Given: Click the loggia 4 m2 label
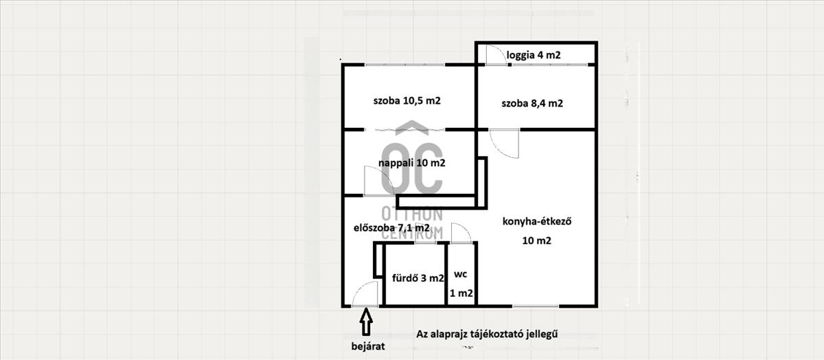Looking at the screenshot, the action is point(534,55).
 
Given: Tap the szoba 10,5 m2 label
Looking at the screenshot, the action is point(407,100).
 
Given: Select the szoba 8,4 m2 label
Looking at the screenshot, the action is point(532,104).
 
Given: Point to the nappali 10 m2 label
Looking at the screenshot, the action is point(412,163).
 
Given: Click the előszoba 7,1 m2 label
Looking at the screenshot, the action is point(391,228).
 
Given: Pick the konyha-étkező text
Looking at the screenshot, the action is point(537,222).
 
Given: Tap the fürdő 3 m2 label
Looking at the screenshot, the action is point(418,278).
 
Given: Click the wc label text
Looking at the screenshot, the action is point(461,274).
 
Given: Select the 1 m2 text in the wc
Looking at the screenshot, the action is point(461,293).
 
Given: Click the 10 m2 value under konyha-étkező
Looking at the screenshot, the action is point(537,240).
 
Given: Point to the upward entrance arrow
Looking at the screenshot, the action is point(366,322).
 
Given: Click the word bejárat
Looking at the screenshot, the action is point(368,346).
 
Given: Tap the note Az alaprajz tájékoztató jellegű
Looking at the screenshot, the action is point(487,334).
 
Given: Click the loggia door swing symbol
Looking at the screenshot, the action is point(496,55).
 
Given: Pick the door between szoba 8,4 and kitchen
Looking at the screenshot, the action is point(504,144).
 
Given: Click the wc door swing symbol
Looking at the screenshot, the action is point(461,233).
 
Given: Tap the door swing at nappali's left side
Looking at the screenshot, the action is point(379,181).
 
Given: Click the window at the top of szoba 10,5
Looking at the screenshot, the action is point(405,65).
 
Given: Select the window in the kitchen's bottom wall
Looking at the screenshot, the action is point(535,306).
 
